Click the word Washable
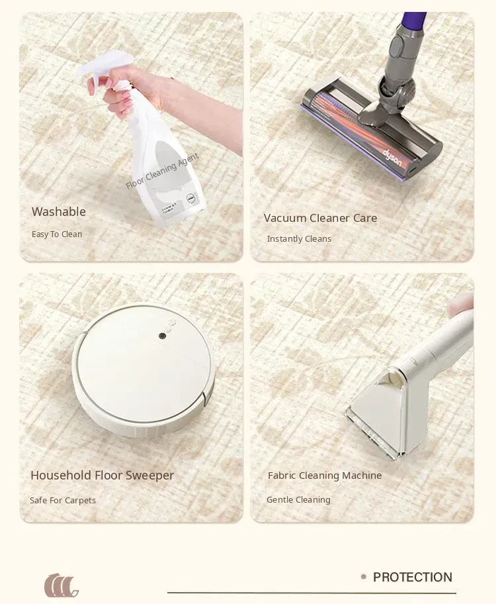coord(59,211)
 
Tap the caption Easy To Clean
coord(57,234)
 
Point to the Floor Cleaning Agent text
coord(163,171)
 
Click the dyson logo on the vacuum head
coord(392,158)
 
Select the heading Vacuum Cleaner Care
coord(320,218)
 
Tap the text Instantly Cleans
coord(299,239)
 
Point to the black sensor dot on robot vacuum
coord(163,336)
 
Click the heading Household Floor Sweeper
coord(103,476)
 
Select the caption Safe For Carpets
coord(63,501)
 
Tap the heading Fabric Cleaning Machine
coord(325,476)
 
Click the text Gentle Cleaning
coord(299,499)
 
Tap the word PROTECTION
coord(413,577)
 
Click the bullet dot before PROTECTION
coord(364,577)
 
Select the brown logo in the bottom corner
coord(62,585)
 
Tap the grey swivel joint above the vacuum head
coord(396,89)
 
